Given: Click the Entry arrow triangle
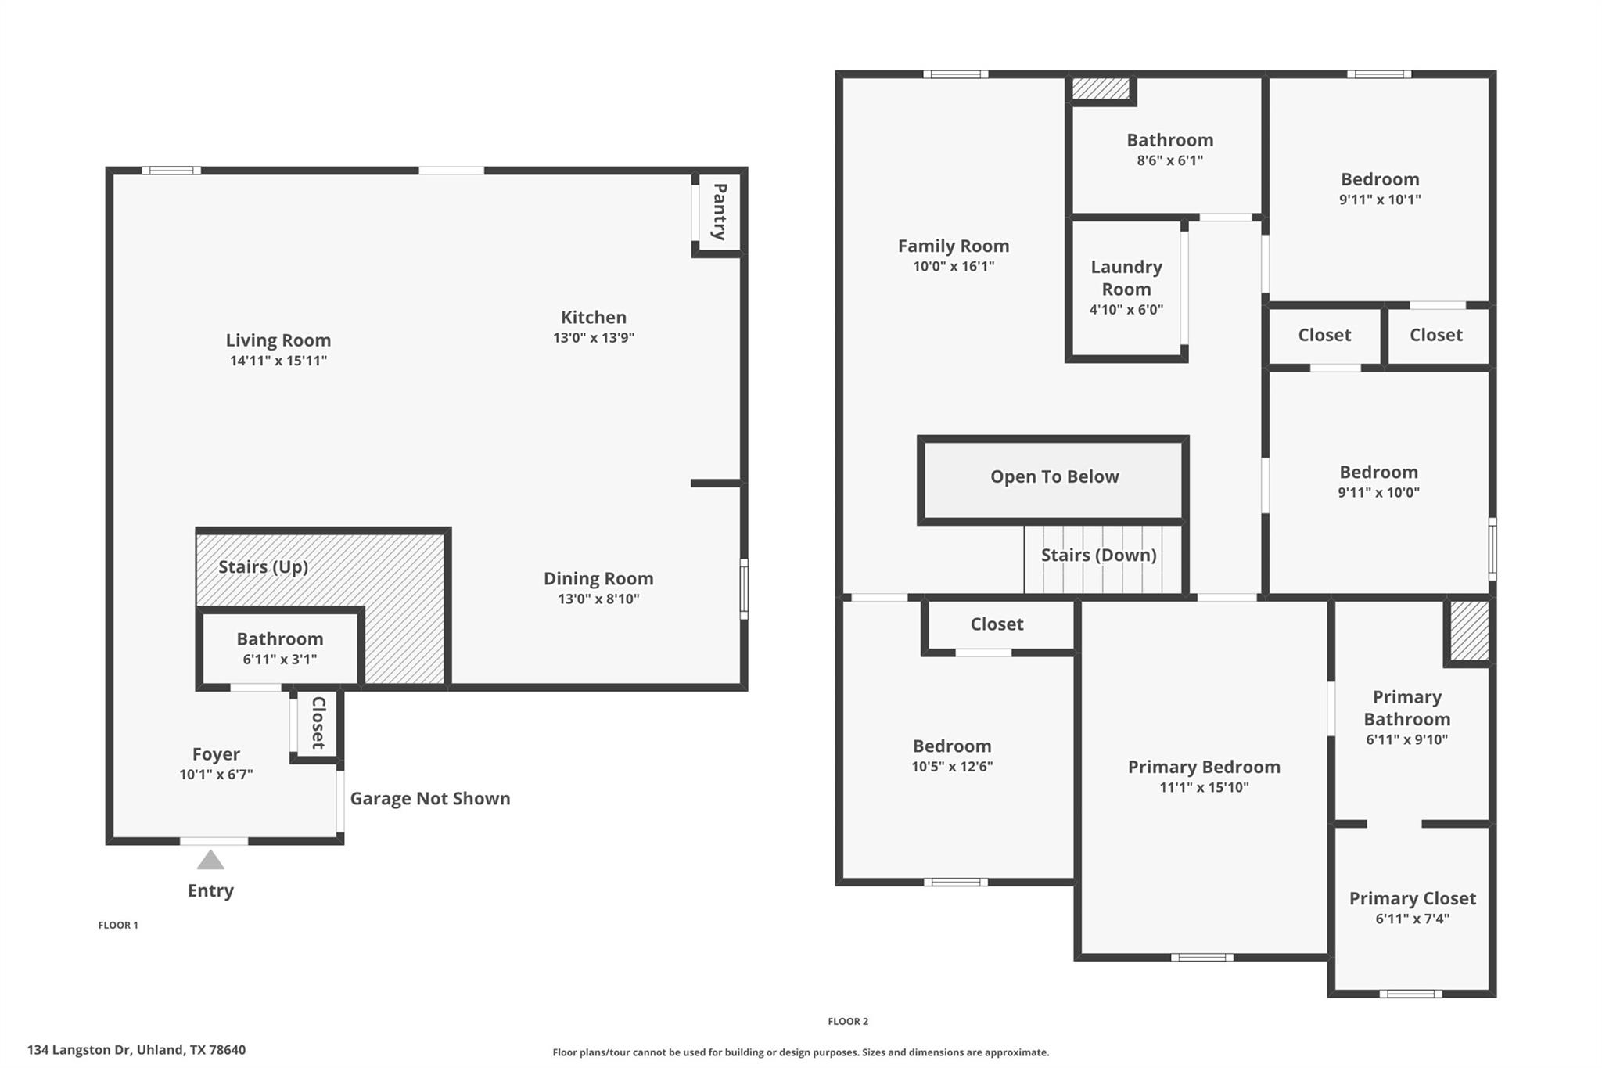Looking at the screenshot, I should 210,861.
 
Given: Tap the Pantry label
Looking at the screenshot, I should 720,211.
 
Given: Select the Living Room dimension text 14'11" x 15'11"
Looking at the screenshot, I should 278,361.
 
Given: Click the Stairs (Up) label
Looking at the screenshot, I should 263,566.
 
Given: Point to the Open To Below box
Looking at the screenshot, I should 1054,478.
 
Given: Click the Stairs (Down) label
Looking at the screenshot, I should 1098,555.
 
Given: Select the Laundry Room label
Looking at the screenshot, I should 1126,278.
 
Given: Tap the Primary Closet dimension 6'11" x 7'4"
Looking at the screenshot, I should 1412,919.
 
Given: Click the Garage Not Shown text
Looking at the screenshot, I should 429,798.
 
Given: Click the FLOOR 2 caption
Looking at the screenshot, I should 848,1021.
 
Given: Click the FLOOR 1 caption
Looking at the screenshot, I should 118,925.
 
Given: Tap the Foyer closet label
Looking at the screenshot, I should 318,723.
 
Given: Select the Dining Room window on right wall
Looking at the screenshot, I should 744,588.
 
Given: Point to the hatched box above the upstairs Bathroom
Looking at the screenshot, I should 1101,88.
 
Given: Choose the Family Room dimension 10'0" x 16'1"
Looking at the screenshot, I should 953,266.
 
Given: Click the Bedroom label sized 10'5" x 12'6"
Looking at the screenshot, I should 951,746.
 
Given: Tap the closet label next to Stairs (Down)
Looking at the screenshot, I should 997,624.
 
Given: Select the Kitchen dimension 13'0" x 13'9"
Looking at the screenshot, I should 593,338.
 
